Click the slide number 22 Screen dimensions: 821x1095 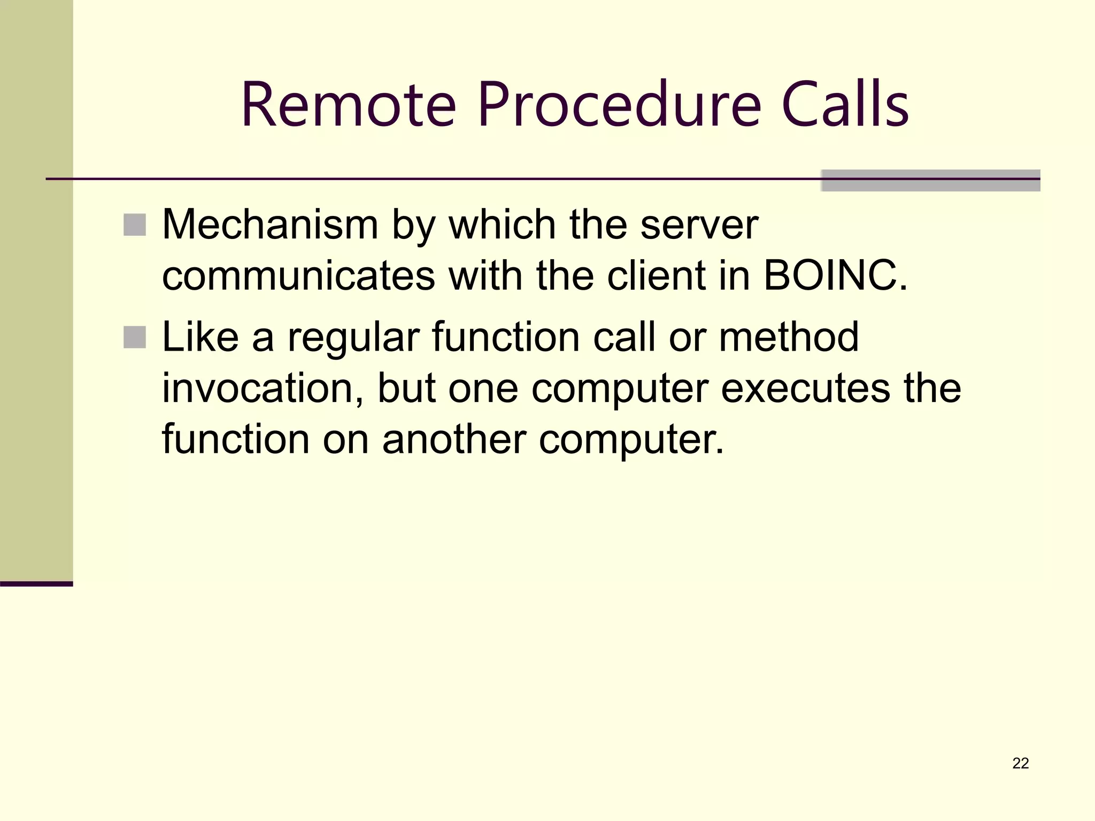pos(1021,763)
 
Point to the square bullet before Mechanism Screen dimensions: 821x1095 pos(134,225)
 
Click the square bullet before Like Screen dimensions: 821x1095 pos(134,337)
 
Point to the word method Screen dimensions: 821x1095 pos(789,337)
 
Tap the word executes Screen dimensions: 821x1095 pos(805,389)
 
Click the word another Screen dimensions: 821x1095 pos(454,440)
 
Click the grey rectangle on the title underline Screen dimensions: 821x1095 pos(930,181)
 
